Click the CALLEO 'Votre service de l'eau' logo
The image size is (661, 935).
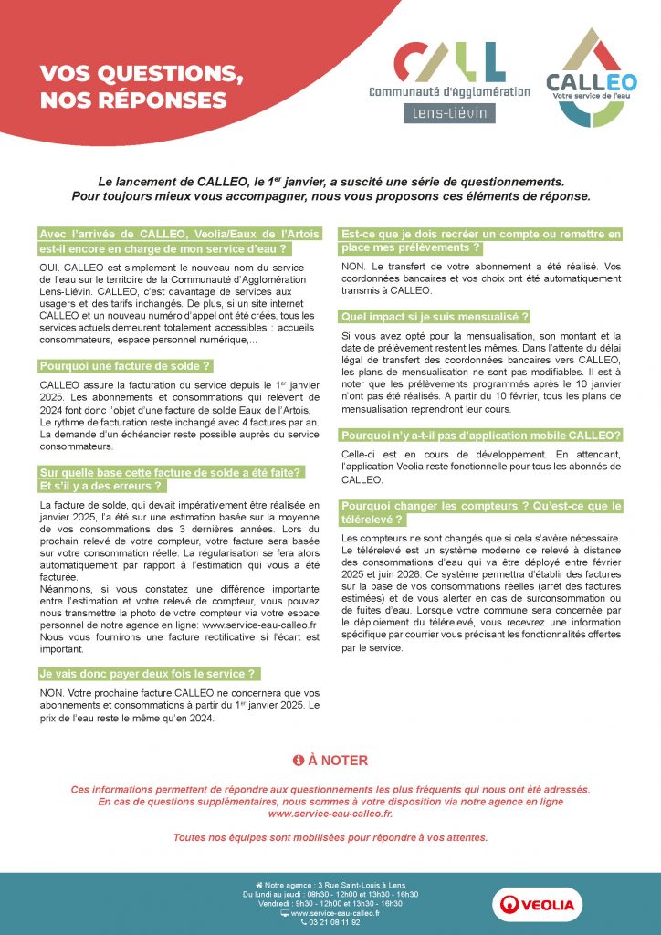[x=592, y=78]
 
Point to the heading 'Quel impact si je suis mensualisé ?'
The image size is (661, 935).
[x=435, y=317]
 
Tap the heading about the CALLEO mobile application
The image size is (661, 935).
[x=481, y=435]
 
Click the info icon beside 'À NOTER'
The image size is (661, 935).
[x=298, y=760]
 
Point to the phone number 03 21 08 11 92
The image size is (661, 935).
[x=330, y=922]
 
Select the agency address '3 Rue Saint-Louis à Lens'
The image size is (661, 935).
[x=359, y=885]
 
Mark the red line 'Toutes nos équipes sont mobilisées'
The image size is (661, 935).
[x=330, y=837]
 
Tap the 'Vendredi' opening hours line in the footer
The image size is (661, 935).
[x=330, y=903]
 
